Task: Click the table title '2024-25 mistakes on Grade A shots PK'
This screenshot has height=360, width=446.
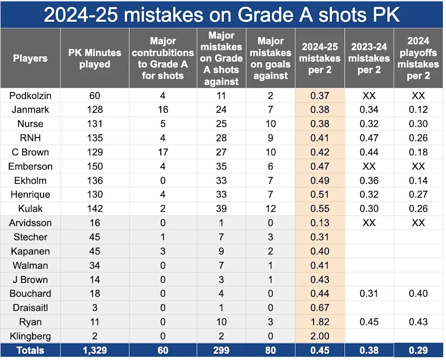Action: [x=222, y=14]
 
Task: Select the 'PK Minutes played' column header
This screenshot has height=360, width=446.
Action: [x=94, y=59]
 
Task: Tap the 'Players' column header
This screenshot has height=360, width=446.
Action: [x=30, y=59]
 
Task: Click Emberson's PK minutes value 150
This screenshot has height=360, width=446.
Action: [x=94, y=166]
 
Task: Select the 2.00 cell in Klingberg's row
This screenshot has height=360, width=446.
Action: [x=320, y=336]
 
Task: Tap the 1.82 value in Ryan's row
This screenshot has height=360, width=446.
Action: [x=320, y=322]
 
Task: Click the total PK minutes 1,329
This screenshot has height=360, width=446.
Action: [x=94, y=351]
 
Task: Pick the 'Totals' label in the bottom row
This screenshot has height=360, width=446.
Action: [x=30, y=351]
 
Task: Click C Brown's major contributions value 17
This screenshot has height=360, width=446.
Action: [x=163, y=152]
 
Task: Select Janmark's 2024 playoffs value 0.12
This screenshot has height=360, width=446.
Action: [x=418, y=110]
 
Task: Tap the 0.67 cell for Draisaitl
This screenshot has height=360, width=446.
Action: [x=320, y=308]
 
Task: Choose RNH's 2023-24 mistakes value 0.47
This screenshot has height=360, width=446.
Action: [x=369, y=138]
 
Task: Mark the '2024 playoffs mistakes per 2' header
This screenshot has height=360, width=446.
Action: [x=418, y=59]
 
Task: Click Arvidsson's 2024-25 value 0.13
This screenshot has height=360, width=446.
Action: [x=320, y=223]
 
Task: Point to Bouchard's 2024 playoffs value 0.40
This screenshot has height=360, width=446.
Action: [x=418, y=294]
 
